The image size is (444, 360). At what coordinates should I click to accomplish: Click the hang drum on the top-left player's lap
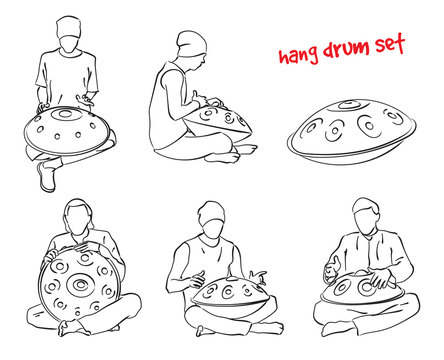coord(68,136)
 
